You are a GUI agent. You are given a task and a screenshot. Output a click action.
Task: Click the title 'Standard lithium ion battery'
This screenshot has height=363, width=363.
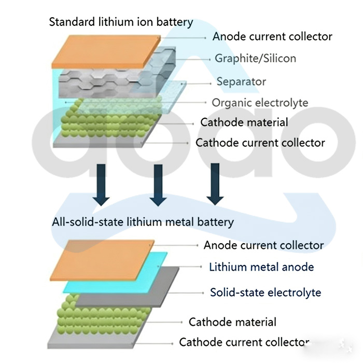pos(120,22)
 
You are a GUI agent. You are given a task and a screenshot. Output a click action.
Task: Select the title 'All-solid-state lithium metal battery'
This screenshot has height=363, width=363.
pos(143,222)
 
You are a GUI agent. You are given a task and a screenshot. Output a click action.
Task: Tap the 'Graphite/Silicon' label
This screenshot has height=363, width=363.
pos(255,58)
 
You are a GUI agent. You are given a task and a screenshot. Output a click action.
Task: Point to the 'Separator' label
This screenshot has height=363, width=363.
pos(241,81)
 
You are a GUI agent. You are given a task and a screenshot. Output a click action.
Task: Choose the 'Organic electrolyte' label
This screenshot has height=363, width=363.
pos(260,102)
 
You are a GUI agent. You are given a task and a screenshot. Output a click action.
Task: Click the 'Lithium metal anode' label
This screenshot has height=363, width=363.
pos(261,267)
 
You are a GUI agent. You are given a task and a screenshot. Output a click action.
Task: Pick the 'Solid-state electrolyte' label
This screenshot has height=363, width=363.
pos(266,292)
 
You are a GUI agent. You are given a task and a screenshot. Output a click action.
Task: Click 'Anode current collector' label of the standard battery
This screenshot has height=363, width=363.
pos(272,36)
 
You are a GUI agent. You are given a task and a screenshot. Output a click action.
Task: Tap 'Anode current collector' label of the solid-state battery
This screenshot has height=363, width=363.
pos(263,245)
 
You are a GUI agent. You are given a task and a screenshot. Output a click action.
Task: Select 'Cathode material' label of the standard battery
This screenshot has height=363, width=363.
pos(244,122)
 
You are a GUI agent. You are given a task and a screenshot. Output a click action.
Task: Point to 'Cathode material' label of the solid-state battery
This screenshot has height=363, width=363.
pos(232,322)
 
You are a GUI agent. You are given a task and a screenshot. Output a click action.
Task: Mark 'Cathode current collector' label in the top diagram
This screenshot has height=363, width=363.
pos(260,143)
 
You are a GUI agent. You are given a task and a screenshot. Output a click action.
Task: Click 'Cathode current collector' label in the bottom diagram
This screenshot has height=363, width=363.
pos(244,342)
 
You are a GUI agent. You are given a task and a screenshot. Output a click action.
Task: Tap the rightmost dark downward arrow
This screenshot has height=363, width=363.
pos(214,184)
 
